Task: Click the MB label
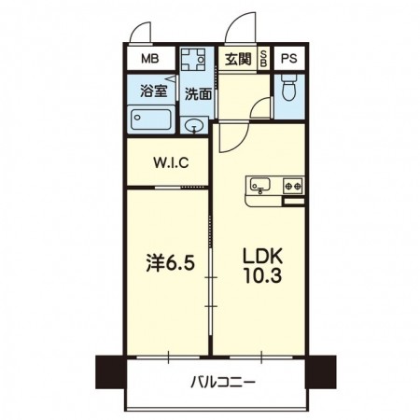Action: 149,58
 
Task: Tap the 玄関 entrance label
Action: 236,59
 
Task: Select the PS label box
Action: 287,58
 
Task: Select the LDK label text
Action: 261,254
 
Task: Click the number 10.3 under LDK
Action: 261,276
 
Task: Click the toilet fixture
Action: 289,91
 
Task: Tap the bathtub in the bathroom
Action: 150,120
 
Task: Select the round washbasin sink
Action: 195,127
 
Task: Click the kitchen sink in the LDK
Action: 259,186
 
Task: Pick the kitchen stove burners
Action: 292,186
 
